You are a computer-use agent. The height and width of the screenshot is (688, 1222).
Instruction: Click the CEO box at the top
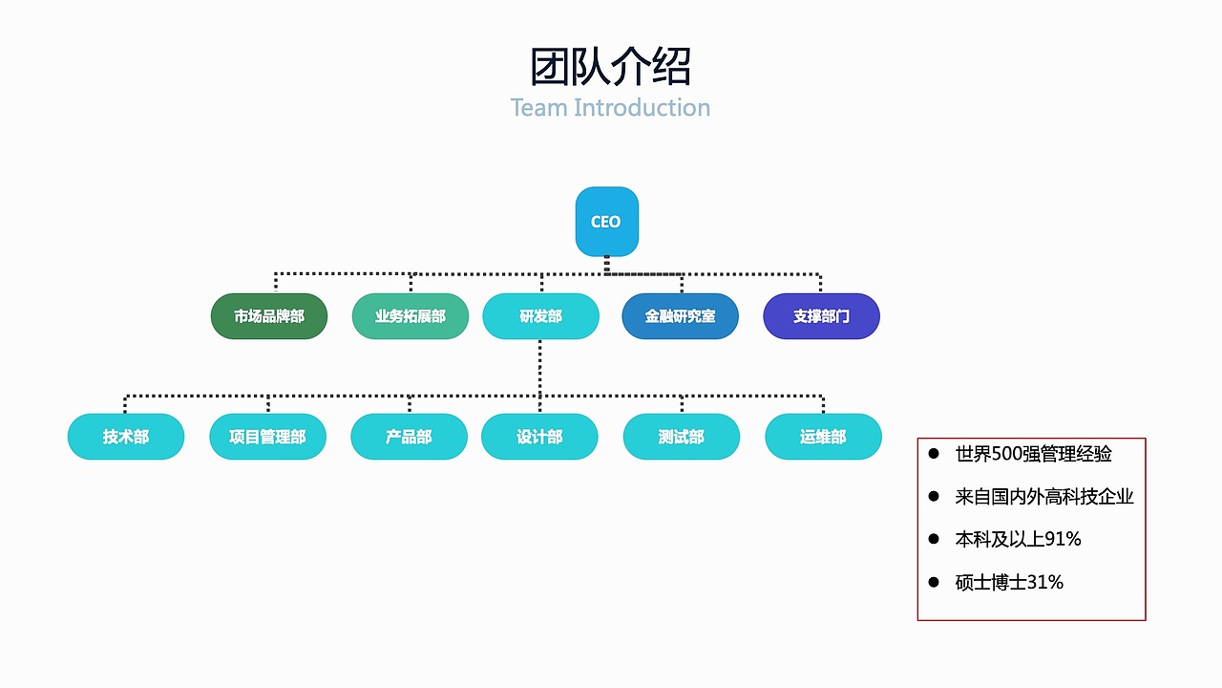(x=606, y=222)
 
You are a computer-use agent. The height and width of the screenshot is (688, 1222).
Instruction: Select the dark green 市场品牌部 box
(x=269, y=316)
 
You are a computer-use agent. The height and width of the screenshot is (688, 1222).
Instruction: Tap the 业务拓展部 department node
(x=411, y=316)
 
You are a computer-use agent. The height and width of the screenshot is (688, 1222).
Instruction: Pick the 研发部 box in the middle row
(x=540, y=316)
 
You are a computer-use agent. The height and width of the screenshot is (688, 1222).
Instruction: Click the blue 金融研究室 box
(x=680, y=316)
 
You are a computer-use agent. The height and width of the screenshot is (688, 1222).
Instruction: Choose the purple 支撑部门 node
(x=821, y=316)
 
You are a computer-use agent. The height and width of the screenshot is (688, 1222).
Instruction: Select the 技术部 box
(x=126, y=437)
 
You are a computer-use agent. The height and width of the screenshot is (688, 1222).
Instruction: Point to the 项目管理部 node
(x=267, y=437)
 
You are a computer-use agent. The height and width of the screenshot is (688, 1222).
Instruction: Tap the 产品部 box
(x=409, y=437)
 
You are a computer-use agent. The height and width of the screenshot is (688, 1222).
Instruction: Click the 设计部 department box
(x=539, y=437)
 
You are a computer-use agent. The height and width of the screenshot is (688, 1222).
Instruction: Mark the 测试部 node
(x=681, y=437)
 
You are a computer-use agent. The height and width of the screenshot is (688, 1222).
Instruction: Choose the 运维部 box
(x=823, y=437)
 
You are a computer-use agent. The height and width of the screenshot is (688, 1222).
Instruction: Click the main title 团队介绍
(x=610, y=68)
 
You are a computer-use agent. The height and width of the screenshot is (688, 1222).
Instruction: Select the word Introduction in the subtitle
(x=642, y=108)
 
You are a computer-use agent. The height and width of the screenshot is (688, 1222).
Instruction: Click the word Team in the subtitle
(x=538, y=108)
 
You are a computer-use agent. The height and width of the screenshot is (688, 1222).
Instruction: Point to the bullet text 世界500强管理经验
(x=1033, y=454)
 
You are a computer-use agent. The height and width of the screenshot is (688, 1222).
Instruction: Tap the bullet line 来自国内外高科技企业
(x=1044, y=497)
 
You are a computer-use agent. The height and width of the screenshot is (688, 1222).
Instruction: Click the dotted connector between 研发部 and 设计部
(x=540, y=368)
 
